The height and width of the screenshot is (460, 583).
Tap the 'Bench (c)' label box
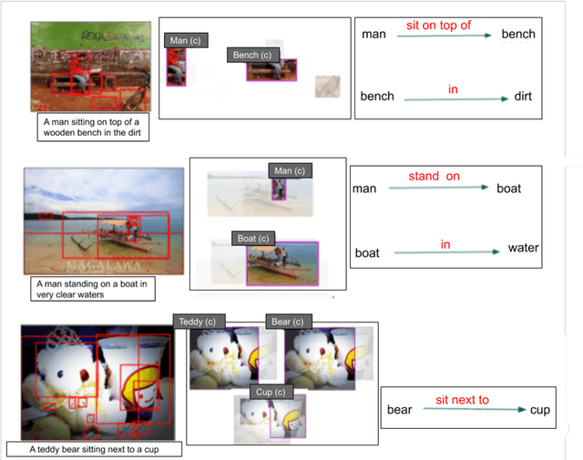point(252,55)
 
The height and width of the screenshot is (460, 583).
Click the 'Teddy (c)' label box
point(196,322)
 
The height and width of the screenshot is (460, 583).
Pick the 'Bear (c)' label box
point(289,322)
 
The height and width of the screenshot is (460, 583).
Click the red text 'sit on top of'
point(438,26)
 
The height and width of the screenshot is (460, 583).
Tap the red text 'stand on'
point(435,176)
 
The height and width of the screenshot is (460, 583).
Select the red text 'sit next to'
point(462,400)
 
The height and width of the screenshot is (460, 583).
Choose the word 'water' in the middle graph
point(523,248)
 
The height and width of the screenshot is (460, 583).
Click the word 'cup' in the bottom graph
point(540,410)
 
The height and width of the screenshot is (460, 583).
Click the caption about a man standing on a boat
point(90,289)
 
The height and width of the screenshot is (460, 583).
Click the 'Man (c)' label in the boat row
point(290,170)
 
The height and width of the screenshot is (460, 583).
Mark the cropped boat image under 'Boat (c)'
point(282,264)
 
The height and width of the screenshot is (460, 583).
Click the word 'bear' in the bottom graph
point(399,410)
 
